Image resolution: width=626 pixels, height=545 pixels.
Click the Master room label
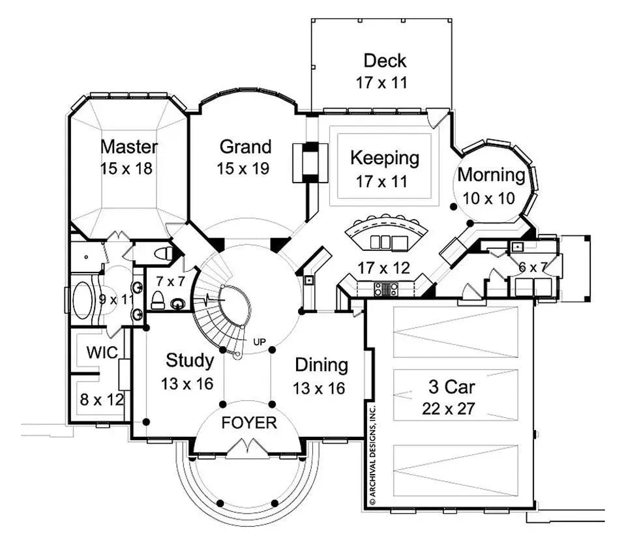pyautogui.click(x=128, y=145)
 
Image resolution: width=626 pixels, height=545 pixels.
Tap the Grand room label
pyautogui.click(x=245, y=146)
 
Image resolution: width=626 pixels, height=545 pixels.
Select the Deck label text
pyautogui.click(x=385, y=61)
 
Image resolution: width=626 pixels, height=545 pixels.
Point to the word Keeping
pyautogui.click(x=385, y=158)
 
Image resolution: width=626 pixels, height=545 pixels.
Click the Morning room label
pyautogui.click(x=490, y=175)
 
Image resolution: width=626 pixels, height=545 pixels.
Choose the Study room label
pyautogui.click(x=189, y=360)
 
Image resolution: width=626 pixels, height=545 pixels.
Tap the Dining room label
pyautogui.click(x=321, y=364)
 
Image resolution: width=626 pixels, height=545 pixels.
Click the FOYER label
pyautogui.click(x=249, y=422)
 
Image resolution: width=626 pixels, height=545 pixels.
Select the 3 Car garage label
pyautogui.click(x=451, y=387)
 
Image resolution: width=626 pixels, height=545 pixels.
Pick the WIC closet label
pyautogui.click(x=102, y=353)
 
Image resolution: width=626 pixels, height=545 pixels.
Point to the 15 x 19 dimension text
pyautogui.click(x=243, y=169)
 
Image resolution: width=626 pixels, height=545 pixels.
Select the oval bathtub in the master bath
pyautogui.click(x=83, y=301)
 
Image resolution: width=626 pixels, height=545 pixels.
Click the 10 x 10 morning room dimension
pyautogui.click(x=489, y=198)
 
